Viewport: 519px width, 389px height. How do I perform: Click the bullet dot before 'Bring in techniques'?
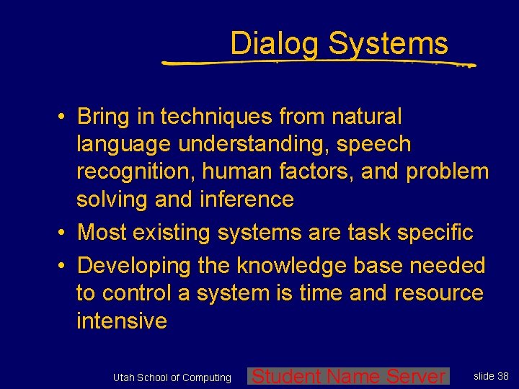[x=64, y=117]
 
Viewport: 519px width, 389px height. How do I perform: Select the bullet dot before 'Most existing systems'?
[x=64, y=233]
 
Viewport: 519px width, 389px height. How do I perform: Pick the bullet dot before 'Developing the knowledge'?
[x=64, y=266]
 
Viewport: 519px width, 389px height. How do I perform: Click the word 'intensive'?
[x=121, y=321]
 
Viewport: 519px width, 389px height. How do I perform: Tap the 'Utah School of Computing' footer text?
[x=172, y=377]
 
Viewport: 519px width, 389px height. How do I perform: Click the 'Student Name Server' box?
[x=348, y=376]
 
